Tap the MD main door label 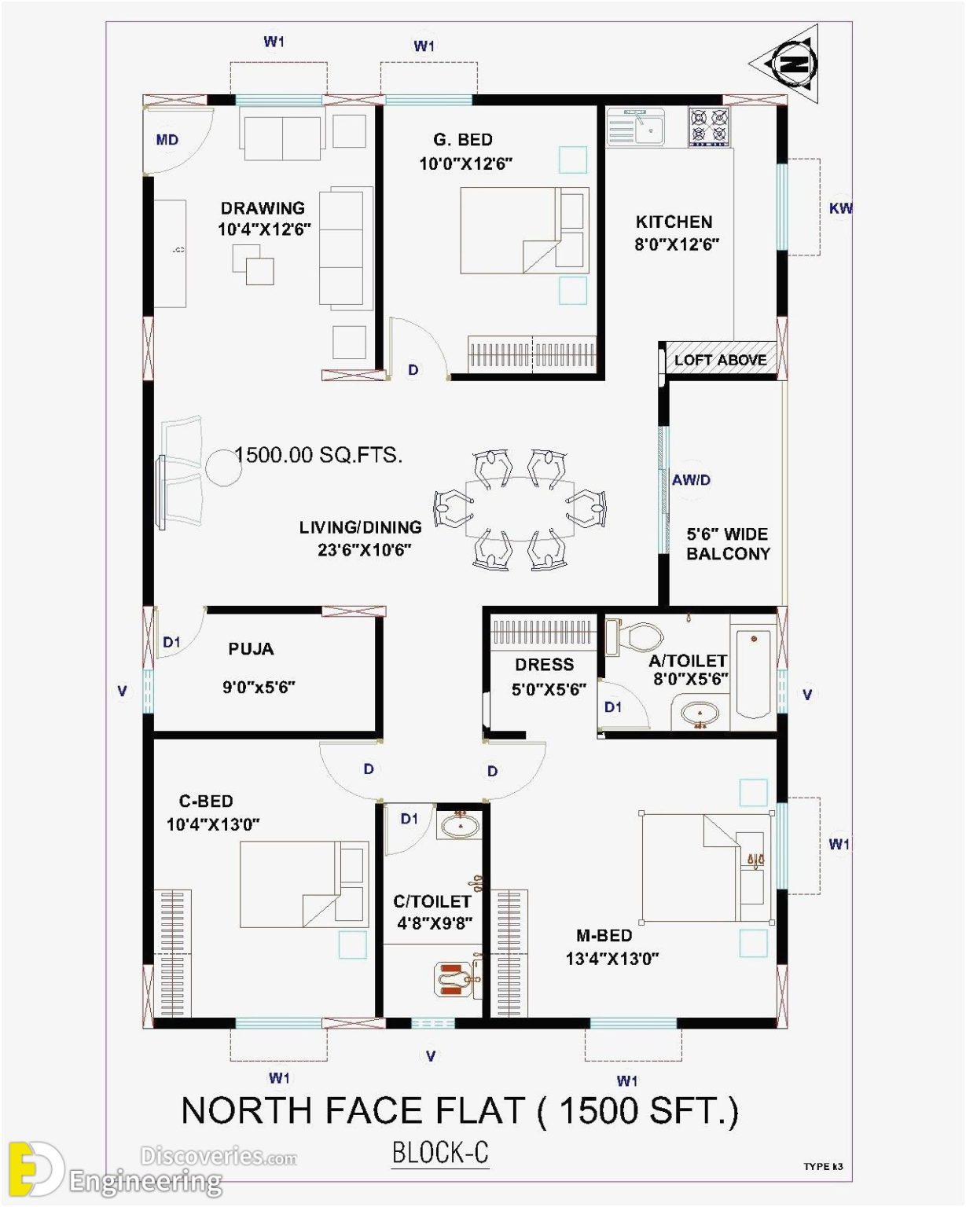[167, 140]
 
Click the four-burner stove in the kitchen [710, 127]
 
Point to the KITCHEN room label [674, 222]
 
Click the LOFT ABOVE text [720, 360]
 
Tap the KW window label [840, 208]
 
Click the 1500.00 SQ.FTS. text [318, 454]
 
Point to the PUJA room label [251, 649]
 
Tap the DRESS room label [544, 665]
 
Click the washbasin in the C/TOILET [461, 826]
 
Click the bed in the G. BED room [523, 230]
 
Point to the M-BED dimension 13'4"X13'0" [612, 959]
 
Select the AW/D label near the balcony [691, 479]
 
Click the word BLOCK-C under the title [440, 1153]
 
